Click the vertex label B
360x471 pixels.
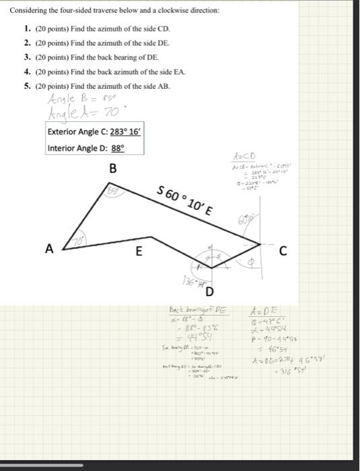[x=112, y=167]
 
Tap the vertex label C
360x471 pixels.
[x=283, y=251]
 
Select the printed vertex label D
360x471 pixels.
[x=209, y=291]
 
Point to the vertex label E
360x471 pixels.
[x=139, y=252]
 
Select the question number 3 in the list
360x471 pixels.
[x=26, y=57]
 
